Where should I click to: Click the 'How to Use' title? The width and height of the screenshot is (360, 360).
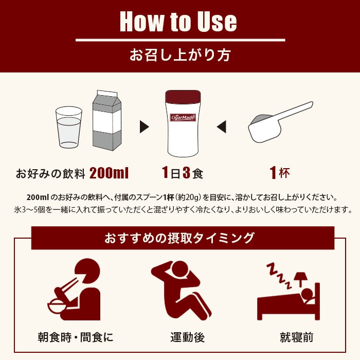click(x=178, y=22)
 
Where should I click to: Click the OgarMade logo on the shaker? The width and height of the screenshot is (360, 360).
click(x=183, y=117)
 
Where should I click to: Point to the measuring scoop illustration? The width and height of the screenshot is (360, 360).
click(x=278, y=123)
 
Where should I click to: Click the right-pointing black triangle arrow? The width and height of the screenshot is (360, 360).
click(x=144, y=127)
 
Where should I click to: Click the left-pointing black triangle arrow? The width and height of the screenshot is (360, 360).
click(x=221, y=127)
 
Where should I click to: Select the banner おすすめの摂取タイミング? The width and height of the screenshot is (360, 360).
click(x=179, y=238)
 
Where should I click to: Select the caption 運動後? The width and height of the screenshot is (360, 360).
click(x=187, y=338)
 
